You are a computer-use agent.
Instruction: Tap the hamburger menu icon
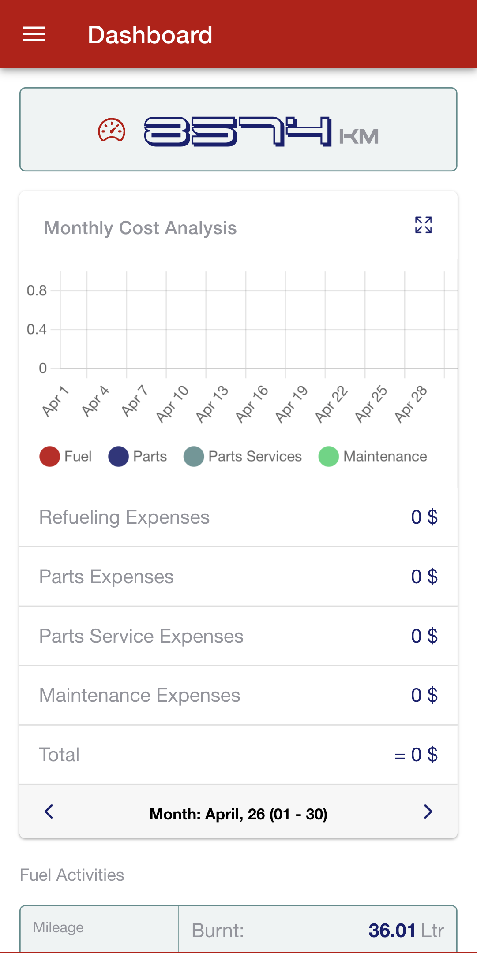34,34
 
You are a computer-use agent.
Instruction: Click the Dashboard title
150,35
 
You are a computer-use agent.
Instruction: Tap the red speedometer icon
112,130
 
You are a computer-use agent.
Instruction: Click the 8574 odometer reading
238,131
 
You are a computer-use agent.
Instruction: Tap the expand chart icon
423,225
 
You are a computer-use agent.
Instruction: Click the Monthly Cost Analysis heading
140,228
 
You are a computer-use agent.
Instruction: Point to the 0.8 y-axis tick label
37,290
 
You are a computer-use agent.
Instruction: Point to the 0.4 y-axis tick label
37,329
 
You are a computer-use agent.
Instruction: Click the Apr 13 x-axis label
212,404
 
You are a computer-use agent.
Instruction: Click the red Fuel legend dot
49,456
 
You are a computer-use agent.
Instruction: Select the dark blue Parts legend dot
118,456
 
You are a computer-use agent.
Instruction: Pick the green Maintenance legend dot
328,456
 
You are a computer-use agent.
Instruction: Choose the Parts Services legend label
255,456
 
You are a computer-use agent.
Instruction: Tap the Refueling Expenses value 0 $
424,517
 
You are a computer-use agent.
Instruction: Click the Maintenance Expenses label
139,695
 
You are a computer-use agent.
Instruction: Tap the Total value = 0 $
416,755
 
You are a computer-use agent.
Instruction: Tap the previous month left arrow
49,812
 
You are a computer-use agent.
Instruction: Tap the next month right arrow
428,812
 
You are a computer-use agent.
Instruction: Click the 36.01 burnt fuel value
392,931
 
